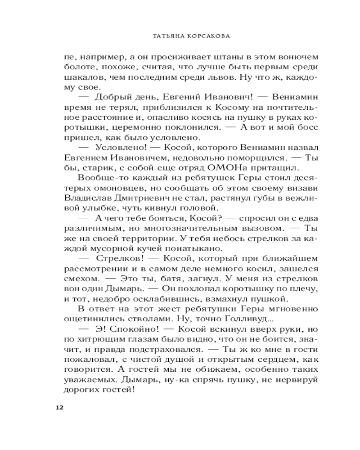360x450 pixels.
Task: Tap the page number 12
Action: click(59, 407)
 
